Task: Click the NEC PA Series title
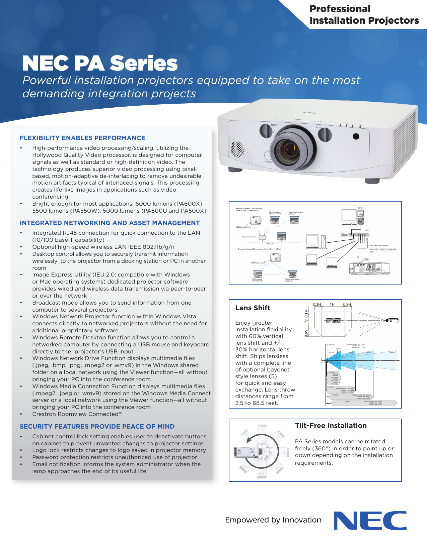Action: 100,63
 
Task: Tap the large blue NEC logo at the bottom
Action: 370,520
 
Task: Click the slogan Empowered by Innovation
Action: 273,520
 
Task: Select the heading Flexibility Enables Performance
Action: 82,138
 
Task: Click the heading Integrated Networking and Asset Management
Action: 110,223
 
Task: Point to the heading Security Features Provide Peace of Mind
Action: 97,427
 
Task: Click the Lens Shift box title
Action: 253,308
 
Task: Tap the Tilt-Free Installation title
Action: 331,426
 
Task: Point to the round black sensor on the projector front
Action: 356,136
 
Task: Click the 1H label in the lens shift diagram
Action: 332,305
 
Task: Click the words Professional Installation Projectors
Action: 364,15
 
